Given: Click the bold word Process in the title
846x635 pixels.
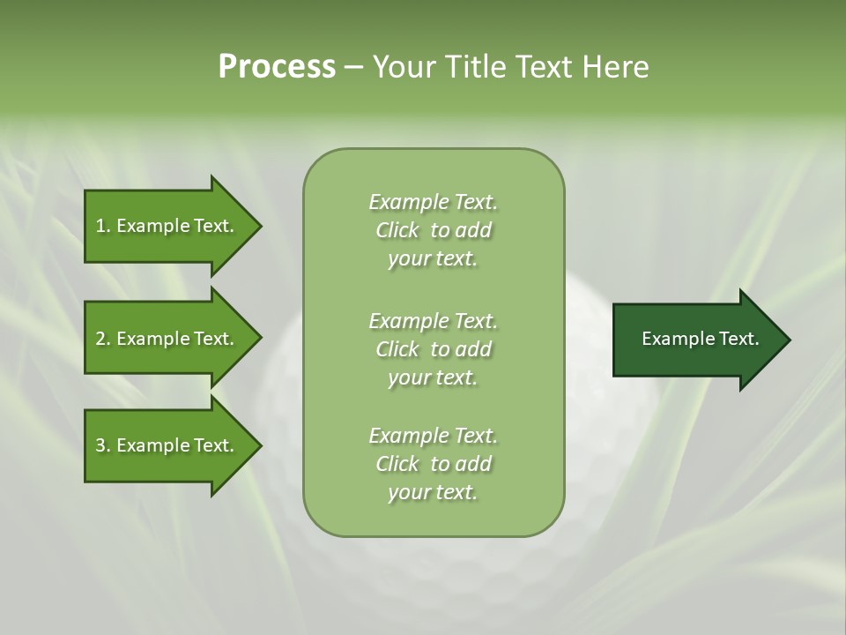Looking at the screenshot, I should (x=277, y=67).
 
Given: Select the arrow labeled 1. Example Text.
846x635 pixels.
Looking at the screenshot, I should (x=167, y=226).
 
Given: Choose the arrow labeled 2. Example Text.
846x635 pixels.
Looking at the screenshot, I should (x=167, y=339).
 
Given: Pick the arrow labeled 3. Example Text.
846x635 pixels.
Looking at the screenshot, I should (x=167, y=445).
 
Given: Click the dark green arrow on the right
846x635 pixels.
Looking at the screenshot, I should (x=696, y=340).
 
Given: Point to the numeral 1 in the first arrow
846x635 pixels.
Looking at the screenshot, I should (x=100, y=226).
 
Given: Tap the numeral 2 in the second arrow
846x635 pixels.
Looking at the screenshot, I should (x=100, y=339).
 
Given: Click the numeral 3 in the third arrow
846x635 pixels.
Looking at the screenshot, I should (x=100, y=445).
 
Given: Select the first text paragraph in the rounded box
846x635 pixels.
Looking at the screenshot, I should (x=433, y=230).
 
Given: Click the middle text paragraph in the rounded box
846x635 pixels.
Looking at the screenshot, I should (x=433, y=349).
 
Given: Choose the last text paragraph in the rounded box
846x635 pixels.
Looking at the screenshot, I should (x=433, y=464).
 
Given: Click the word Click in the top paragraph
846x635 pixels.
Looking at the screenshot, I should (x=397, y=230).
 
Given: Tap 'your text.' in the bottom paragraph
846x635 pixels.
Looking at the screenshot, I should (x=433, y=492).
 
